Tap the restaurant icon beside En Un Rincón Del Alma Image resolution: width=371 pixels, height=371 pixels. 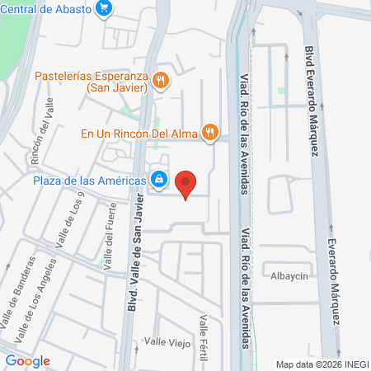[x=211, y=130]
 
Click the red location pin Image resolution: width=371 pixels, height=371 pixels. [x=187, y=183]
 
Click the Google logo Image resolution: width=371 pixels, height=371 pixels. [x=27, y=361]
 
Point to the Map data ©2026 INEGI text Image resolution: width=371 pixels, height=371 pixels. [x=322, y=364]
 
